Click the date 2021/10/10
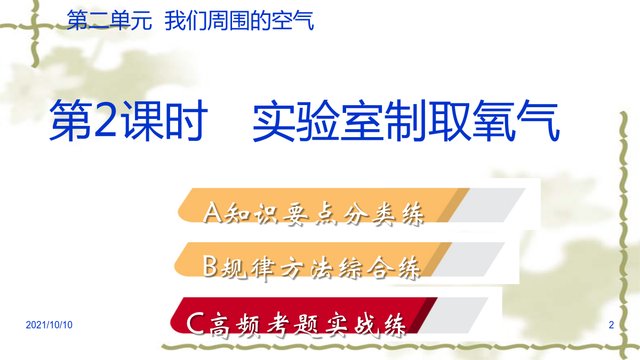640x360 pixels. pos(49,325)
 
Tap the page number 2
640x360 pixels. pos(611,325)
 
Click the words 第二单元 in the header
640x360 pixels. pos(109,20)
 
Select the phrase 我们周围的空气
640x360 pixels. pos(239,20)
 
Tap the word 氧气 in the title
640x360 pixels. pos(516,121)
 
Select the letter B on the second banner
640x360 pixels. pos(210,266)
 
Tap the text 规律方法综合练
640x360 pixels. pos(320,268)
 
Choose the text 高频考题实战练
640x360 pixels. pos(307,325)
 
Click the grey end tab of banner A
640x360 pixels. pos(486,205)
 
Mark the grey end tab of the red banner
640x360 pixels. pos(452,315)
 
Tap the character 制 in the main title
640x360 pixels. pos(406,121)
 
